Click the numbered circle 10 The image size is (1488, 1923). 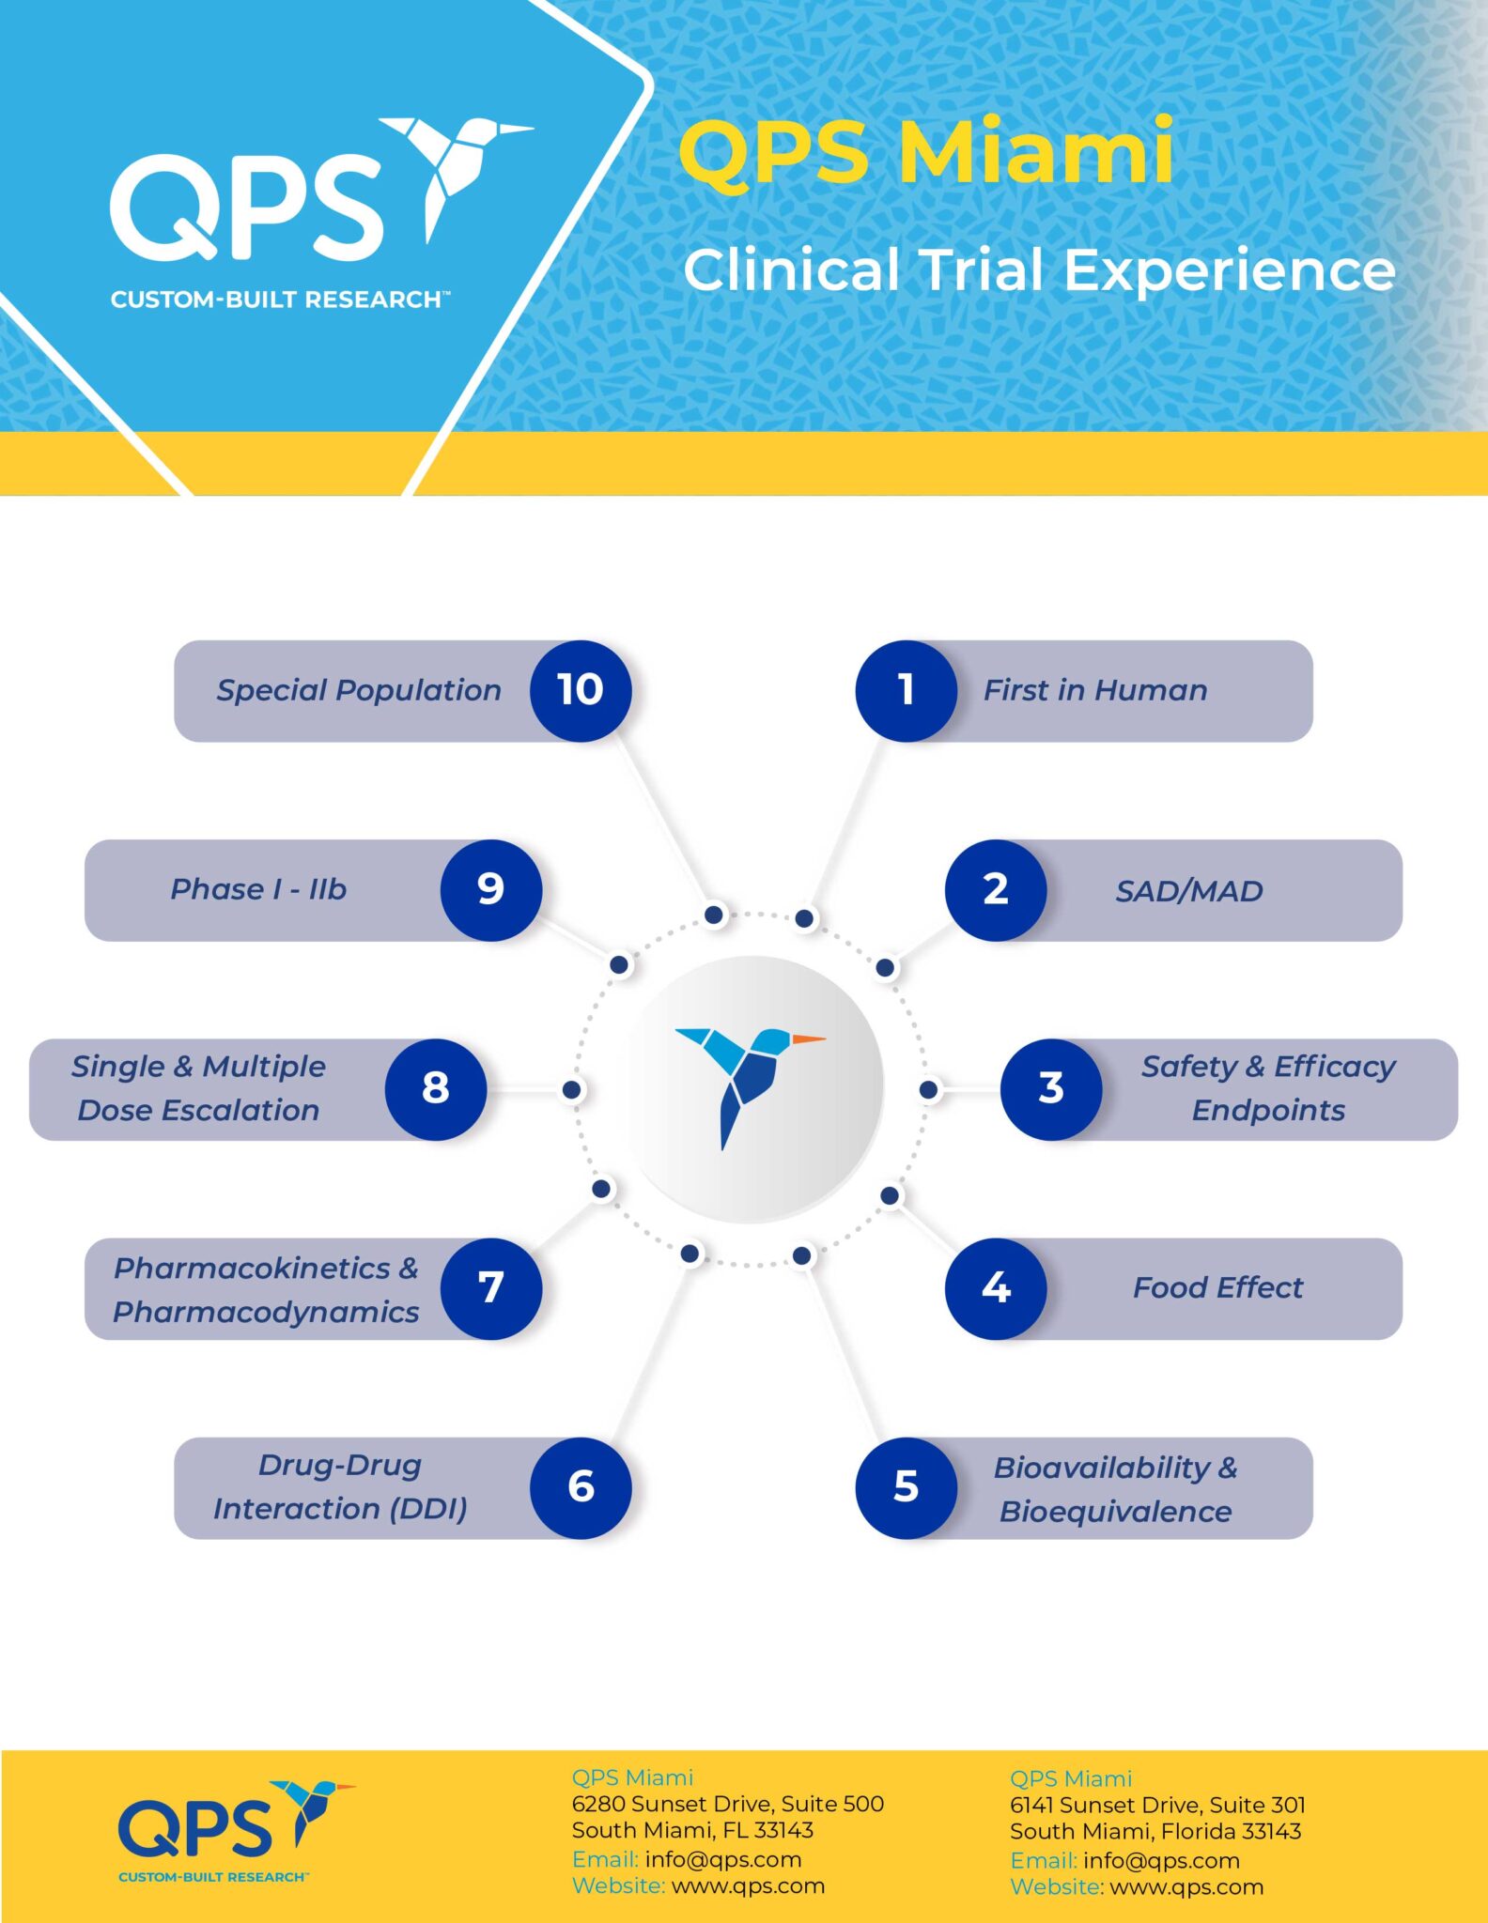pos(581,691)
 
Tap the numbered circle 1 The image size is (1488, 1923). pos(906,691)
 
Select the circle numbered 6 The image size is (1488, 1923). pos(581,1487)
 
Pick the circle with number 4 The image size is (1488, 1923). pos(996,1288)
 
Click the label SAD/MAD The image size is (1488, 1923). pos(1188,891)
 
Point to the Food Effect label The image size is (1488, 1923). pos(1217,1288)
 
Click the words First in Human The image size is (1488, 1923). pos(1094,691)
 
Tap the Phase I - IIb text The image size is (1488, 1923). pos(258,889)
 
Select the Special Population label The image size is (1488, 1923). pos(359,691)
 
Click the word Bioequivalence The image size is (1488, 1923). pos(1115,1512)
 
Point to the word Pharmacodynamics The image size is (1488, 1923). pos(266,1312)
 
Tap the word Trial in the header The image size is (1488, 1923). pos(981,270)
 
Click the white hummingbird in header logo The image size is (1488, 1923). pos(451,164)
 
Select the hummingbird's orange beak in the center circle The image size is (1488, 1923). pos(808,1039)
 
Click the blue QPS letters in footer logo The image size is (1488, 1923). pos(194,1828)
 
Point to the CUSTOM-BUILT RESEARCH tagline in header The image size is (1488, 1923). pos(279,300)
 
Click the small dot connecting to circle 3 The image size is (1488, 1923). pos(928,1089)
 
